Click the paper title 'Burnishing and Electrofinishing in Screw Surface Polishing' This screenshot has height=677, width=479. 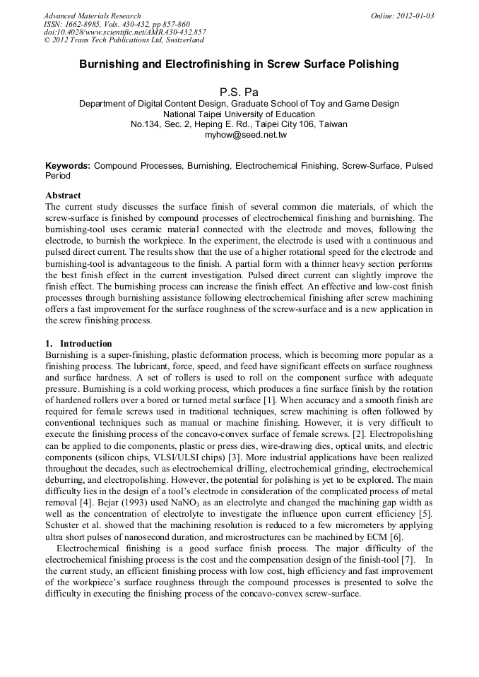[239, 64]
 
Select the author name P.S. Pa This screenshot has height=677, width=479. [239, 90]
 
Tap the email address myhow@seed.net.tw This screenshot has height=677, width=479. [239, 134]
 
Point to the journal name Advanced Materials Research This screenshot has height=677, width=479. [92, 16]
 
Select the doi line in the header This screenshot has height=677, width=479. [125, 32]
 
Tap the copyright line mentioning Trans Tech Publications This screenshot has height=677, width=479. [124, 41]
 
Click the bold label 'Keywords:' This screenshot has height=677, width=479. [68, 165]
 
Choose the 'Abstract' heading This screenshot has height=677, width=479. [63, 196]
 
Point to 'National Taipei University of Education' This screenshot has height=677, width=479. [239, 114]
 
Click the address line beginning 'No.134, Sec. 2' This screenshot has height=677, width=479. [239, 124]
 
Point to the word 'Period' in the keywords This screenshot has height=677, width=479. [58, 176]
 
